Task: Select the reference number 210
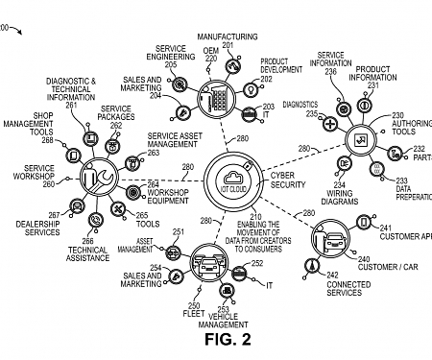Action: [255, 217]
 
